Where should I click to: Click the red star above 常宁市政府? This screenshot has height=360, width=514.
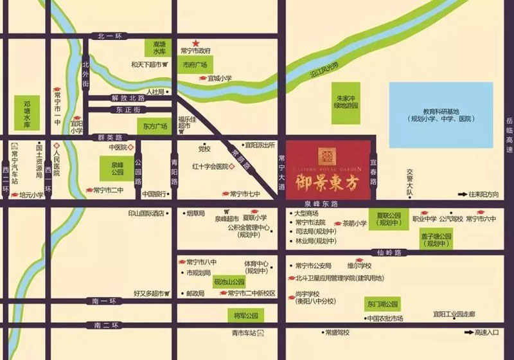(x=195, y=42)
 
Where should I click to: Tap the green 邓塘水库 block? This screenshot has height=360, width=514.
(x=27, y=113)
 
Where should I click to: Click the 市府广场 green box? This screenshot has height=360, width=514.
(x=194, y=65)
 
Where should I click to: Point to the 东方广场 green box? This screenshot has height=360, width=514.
(x=155, y=127)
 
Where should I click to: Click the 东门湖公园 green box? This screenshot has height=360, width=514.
(x=383, y=303)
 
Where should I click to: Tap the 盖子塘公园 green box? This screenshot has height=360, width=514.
(x=438, y=240)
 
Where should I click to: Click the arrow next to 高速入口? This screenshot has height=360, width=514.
(x=465, y=332)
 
